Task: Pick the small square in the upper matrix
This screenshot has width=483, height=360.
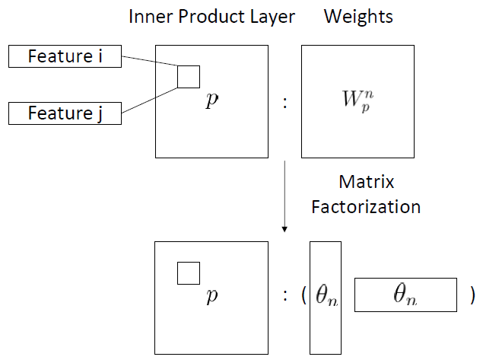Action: tap(189, 76)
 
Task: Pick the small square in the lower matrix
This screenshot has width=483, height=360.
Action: tap(189, 272)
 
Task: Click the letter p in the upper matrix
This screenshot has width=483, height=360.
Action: tap(211, 101)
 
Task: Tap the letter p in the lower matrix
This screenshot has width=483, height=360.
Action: tap(211, 297)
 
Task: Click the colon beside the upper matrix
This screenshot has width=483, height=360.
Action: tap(284, 102)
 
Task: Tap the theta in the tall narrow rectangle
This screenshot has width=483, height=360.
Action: tap(325, 298)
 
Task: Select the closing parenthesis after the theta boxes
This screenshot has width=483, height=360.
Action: tap(473, 295)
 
